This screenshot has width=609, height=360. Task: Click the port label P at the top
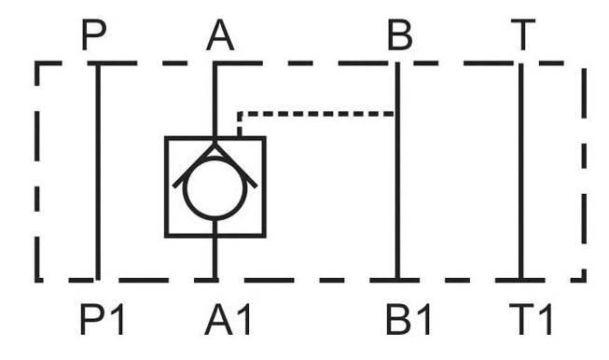[x=93, y=35]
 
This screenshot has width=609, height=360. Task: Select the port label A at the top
[x=220, y=35]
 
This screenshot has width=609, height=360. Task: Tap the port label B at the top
[x=400, y=35]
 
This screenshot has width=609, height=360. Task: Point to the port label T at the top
[x=523, y=35]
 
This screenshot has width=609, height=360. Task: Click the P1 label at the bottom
[x=102, y=319]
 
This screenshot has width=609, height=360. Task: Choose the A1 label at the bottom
[x=228, y=319]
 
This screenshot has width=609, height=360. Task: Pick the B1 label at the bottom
[x=408, y=319]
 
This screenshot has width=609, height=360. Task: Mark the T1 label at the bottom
[x=530, y=319]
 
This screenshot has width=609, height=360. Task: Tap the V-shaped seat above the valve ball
[x=215, y=146]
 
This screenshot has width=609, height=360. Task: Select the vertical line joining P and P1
[x=98, y=172]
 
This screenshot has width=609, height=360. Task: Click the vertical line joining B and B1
[x=397, y=172]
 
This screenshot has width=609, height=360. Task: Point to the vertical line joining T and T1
[x=520, y=172]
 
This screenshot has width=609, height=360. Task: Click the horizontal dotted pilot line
[x=316, y=114]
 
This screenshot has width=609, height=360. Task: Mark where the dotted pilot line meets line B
[x=396, y=114]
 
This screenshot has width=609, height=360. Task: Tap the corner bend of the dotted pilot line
[x=240, y=114]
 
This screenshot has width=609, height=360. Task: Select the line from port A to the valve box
[x=215, y=100]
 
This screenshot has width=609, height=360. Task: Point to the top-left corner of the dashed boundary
[x=37, y=62]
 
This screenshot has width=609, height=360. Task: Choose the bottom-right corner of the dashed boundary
[x=584, y=280]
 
